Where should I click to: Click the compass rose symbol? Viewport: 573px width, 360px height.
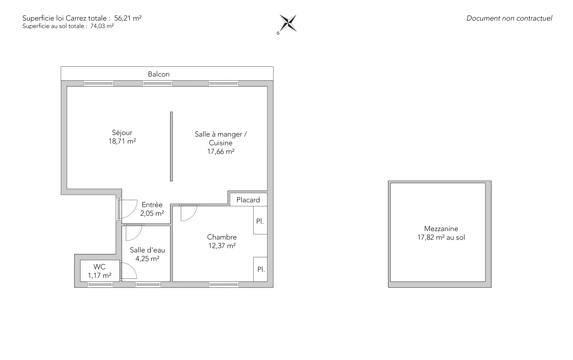click(288, 23)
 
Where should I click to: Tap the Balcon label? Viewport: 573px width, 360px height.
click(159, 74)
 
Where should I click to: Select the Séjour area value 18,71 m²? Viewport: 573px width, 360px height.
click(122, 141)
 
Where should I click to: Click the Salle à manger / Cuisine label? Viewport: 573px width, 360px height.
click(221, 139)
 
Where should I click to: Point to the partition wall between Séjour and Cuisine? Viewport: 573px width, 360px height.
click(171, 146)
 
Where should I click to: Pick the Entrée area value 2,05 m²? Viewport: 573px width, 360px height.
click(152, 213)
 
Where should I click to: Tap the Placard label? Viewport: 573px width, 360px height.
click(248, 200)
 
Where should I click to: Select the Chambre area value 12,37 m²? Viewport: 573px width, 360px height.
click(222, 246)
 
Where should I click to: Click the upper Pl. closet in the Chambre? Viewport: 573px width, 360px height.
click(260, 220)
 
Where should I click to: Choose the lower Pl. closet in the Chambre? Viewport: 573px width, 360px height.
click(260, 269)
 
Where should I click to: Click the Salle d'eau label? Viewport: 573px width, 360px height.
click(147, 250)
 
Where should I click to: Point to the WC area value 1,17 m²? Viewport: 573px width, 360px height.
click(100, 276)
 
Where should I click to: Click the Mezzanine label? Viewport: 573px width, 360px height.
click(441, 229)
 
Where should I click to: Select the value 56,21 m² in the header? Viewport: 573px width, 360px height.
click(128, 18)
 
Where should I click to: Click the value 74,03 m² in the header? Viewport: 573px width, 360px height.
click(102, 26)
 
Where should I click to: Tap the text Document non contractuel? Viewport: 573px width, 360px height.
click(509, 18)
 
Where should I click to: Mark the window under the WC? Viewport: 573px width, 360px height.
click(100, 285)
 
